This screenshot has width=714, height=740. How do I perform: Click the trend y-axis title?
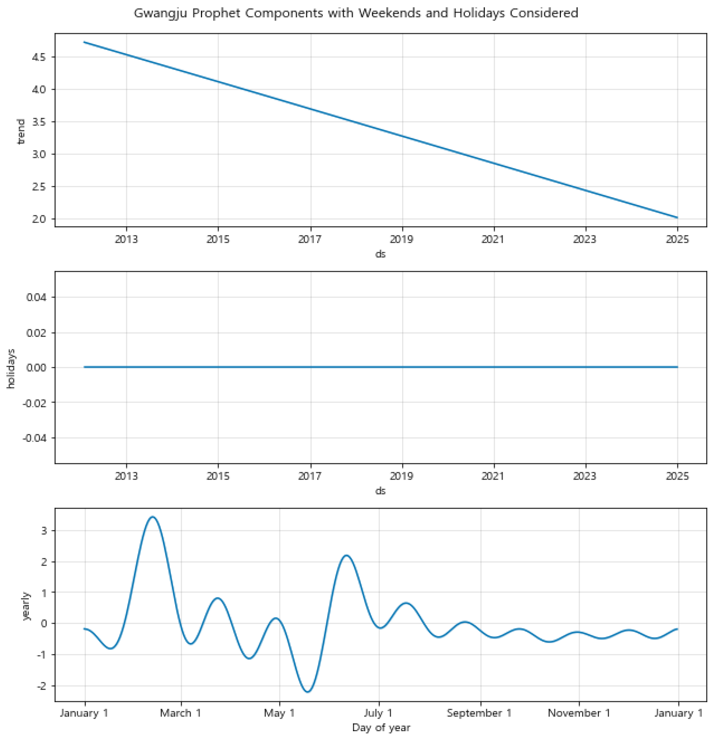pos(21,131)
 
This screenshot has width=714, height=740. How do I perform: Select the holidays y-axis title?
pos(11,368)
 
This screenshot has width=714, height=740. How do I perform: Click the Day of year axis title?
pos(381,727)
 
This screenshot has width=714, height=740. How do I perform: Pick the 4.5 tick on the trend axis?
pos(39,57)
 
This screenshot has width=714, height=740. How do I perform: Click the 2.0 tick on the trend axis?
pos(39,219)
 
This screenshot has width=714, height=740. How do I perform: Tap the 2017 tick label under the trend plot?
pos(310,239)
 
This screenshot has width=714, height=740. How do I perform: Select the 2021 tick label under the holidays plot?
pos(493,476)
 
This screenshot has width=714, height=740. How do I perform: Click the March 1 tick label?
pos(181,713)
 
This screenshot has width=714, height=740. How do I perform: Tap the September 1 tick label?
pos(479,713)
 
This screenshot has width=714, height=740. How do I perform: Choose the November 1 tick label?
pos(579,713)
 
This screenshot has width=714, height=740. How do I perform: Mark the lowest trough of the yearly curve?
pos(308,692)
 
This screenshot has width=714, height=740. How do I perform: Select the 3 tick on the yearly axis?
pos(44,530)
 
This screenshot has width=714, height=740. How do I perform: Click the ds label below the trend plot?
pos(380,254)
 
